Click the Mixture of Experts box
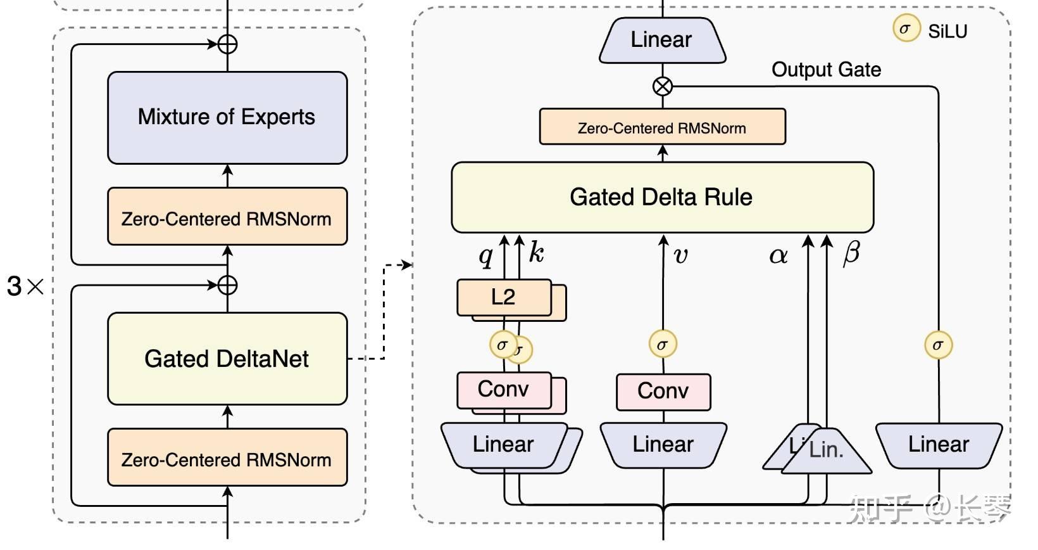coord(227,117)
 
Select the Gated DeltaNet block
coord(227,359)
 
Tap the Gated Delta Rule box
coord(662,197)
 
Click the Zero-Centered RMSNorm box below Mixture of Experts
coord(227,219)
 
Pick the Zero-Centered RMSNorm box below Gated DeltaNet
coord(227,459)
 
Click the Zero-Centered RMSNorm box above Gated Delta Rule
coord(662,128)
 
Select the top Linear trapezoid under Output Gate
coord(662,40)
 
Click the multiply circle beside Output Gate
coord(662,86)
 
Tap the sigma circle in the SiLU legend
coord(906,29)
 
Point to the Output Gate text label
coord(826,69)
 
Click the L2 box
coord(504,297)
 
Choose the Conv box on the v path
coord(663,391)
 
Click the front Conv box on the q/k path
coord(503,389)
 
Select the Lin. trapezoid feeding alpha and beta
coord(827,451)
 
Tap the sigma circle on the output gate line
coord(938,345)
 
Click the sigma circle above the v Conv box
coord(663,345)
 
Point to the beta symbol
coord(851,253)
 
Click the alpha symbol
coord(778,255)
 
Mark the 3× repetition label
coord(25,286)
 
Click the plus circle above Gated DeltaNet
coord(227,285)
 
